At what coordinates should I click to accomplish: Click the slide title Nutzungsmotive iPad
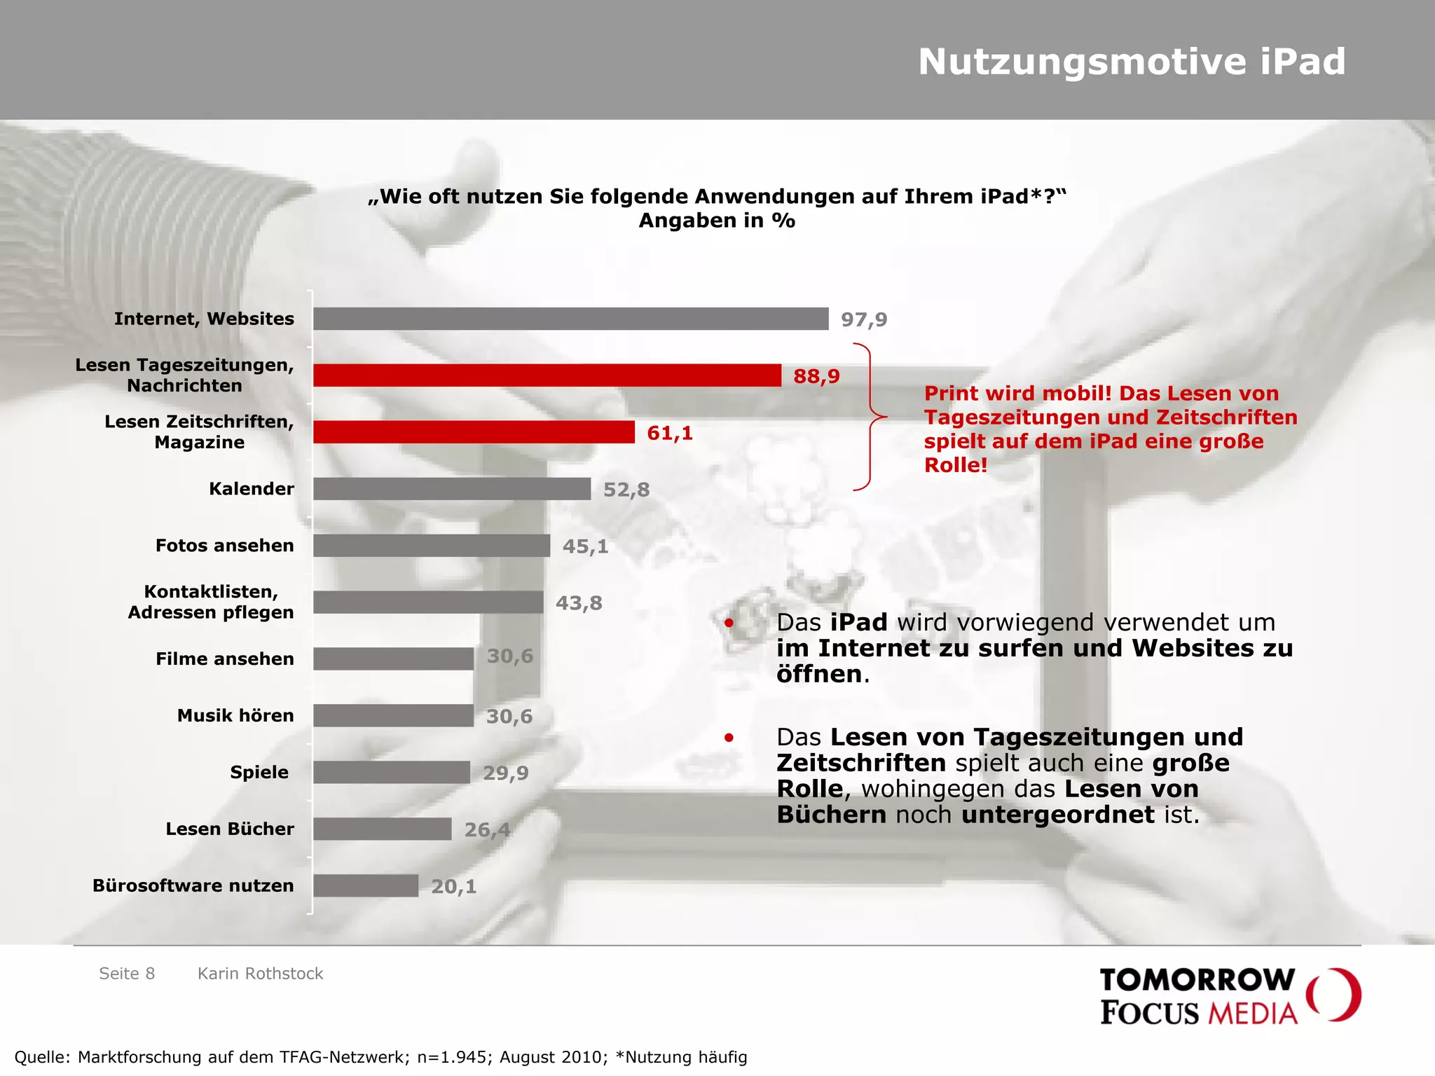(x=1132, y=62)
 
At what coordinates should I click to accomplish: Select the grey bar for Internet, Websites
(x=570, y=319)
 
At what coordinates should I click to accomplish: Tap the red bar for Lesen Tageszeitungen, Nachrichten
(x=547, y=375)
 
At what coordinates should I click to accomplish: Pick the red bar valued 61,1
(x=474, y=432)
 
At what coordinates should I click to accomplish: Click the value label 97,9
(x=863, y=320)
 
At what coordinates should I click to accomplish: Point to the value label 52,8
(x=626, y=490)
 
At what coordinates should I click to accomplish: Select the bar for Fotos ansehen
(x=432, y=546)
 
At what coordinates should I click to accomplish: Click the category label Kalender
(x=251, y=489)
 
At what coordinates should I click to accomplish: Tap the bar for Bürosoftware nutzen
(x=366, y=885)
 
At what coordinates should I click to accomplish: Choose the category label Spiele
(x=259, y=772)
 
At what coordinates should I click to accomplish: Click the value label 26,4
(x=486, y=830)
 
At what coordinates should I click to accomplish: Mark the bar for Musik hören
(x=393, y=715)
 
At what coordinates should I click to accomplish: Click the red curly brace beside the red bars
(x=870, y=417)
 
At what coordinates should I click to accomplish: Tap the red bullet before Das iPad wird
(x=729, y=623)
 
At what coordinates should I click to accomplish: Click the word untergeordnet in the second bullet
(x=1057, y=815)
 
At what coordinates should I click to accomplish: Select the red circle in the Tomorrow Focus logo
(x=1334, y=995)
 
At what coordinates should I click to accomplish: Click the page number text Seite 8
(x=127, y=974)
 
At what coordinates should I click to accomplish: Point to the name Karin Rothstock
(x=260, y=974)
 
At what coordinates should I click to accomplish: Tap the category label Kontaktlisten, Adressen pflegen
(x=210, y=602)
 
